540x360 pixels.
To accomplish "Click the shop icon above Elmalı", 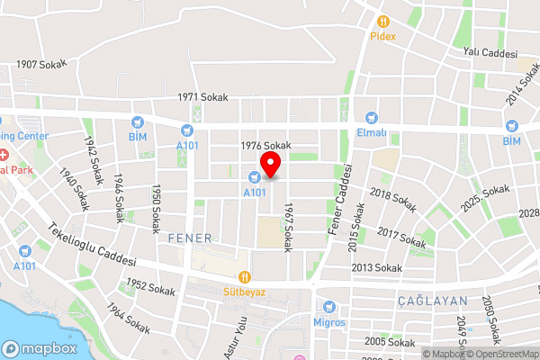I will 372,118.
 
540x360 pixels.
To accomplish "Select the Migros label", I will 328,321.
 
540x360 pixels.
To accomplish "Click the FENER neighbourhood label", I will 189,238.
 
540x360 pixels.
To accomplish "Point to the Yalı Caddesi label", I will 490,53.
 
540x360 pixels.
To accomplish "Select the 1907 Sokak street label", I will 43,64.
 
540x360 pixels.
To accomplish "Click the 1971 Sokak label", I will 202,96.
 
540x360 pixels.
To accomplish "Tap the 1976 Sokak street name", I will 266,145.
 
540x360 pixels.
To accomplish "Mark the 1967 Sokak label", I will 288,227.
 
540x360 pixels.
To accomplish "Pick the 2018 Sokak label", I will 392,200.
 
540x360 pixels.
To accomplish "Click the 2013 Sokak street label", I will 376,268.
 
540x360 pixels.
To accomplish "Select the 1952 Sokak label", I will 150,289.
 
